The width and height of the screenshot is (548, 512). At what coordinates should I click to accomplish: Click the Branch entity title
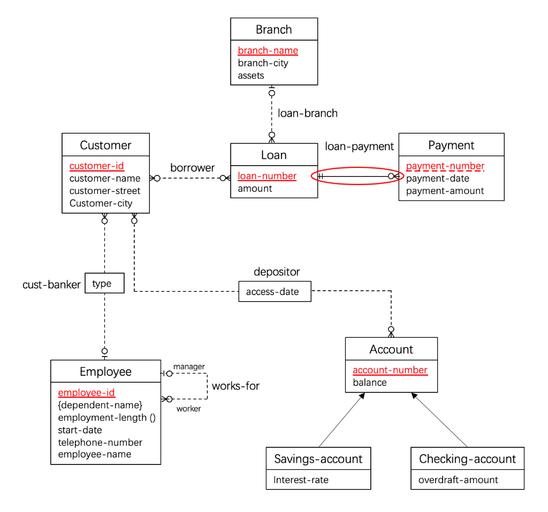coord(273,29)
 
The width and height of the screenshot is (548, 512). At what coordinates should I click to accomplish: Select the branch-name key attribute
coord(268,51)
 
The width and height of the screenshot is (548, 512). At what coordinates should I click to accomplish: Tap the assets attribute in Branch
coord(251,75)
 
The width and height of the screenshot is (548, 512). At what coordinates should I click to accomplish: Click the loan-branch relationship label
coord(307,113)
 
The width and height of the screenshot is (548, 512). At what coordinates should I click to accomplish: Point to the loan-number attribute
coord(267,176)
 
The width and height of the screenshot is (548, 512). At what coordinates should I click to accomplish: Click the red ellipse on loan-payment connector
coord(357,176)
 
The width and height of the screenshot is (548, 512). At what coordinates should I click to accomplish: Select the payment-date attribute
coord(437,179)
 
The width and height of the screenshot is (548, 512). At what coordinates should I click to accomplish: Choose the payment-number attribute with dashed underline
coord(445,166)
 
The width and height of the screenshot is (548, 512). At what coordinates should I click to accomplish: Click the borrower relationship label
coord(192,168)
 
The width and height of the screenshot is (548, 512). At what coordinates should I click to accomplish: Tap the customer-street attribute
coord(105,191)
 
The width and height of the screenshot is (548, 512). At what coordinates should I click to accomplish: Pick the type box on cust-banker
coord(104,283)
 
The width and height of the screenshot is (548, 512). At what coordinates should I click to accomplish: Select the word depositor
coord(277,272)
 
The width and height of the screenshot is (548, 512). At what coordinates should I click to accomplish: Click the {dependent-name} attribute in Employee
coord(100,405)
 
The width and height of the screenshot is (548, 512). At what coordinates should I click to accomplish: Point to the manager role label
coord(189,367)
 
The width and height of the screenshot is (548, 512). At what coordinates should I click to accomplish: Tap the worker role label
coord(188,409)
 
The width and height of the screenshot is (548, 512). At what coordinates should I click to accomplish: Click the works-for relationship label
coord(235,386)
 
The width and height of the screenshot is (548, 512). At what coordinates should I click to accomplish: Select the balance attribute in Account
coord(369,382)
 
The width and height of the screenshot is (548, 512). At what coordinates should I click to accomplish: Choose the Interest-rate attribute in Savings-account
coord(301,480)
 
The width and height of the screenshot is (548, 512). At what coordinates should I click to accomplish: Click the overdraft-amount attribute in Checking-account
coord(458,480)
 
